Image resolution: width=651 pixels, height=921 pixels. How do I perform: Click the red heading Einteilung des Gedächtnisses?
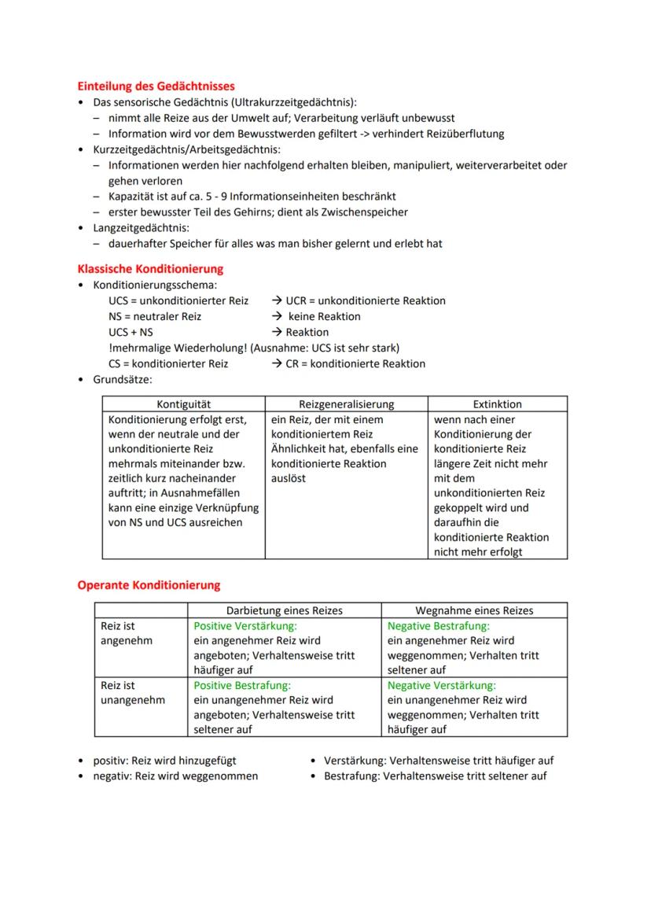tap(156, 87)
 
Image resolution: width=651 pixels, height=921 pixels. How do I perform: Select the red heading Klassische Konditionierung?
tap(150, 269)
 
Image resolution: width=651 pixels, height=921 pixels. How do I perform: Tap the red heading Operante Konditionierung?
tap(149, 585)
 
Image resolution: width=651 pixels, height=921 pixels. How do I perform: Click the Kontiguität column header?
tap(183, 404)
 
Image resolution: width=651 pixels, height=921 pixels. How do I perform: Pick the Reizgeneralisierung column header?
tap(347, 404)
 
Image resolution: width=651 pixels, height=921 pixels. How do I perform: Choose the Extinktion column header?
tap(497, 404)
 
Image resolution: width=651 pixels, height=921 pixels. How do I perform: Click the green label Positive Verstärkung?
tap(245, 626)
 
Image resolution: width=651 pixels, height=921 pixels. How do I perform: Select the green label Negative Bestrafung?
tap(438, 626)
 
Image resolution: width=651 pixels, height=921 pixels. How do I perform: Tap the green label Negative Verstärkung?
tap(442, 686)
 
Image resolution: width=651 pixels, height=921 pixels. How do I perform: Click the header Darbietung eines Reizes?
tap(285, 610)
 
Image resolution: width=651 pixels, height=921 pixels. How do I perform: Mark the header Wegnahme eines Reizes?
tap(474, 610)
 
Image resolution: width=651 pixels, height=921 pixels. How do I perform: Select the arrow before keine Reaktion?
tap(278, 317)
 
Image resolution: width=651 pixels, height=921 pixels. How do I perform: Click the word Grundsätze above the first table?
tap(122, 379)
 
